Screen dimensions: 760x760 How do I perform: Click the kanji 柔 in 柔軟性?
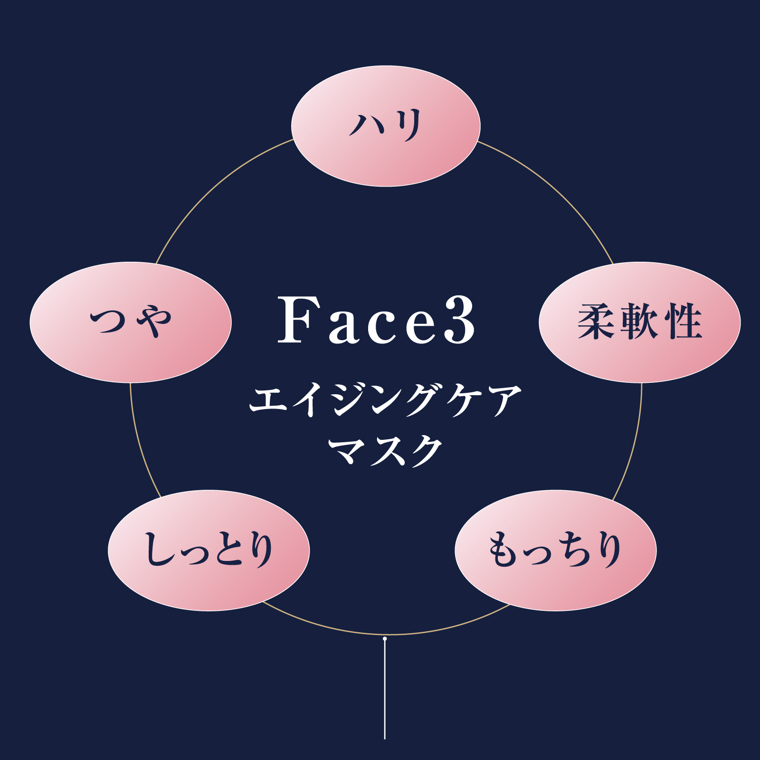[597, 322]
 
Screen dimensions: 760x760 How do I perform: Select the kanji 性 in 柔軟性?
[683, 322]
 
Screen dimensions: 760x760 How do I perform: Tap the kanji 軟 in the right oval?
[639, 322]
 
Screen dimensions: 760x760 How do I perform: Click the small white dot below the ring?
[385, 639]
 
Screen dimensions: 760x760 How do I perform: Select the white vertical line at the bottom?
[385, 693]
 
